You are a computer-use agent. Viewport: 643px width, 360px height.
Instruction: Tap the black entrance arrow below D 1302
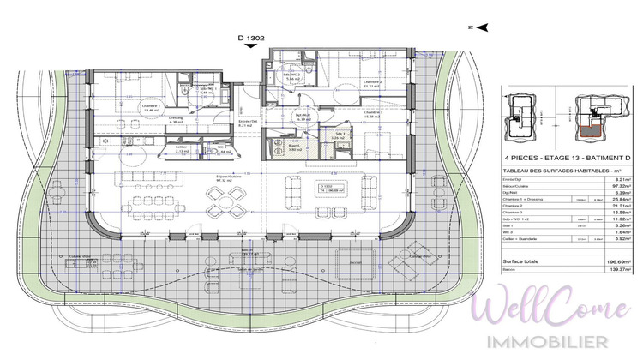pos(249,48)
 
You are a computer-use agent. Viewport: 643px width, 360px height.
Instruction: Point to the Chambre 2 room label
pos(371,82)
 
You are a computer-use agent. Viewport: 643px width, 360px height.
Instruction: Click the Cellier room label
pos(181,147)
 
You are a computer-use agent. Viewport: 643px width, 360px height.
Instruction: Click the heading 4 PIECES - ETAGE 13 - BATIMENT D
pos(544,159)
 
